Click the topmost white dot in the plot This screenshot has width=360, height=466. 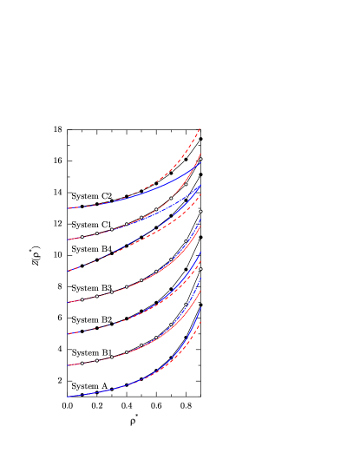200,160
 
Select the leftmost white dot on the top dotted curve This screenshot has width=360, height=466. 82,237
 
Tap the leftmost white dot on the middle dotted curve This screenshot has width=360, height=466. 82,300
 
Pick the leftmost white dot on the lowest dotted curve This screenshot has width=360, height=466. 82,363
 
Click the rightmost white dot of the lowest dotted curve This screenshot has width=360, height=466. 200,269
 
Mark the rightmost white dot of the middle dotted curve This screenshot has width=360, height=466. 200,211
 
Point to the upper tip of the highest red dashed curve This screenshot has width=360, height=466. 200,128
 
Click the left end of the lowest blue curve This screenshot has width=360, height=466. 69,396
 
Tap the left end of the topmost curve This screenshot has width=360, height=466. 69,208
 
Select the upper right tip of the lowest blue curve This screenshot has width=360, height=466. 200,306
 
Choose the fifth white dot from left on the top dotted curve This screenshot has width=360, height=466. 141,217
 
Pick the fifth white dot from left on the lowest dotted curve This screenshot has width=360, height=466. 141,345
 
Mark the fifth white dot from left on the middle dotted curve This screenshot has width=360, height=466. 141,280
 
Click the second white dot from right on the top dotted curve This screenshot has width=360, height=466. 186,184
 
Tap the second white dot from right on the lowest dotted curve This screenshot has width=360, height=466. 186,305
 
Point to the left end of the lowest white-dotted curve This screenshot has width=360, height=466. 69,364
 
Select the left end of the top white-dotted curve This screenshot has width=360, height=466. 69,240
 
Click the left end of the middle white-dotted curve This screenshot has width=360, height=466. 69,302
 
